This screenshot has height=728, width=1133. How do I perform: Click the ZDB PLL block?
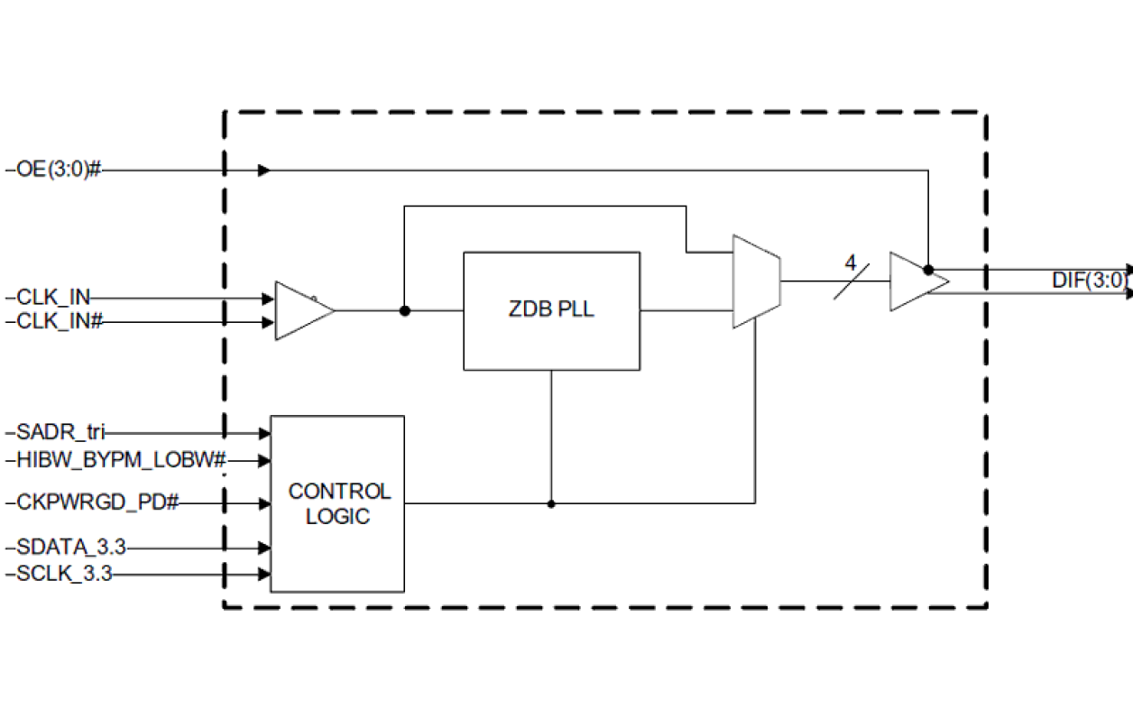551,310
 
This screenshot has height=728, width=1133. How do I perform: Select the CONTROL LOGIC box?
337,503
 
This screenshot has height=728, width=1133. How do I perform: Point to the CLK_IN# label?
60,322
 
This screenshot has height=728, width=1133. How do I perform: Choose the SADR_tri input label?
60,434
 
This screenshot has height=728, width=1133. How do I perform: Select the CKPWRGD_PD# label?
97,503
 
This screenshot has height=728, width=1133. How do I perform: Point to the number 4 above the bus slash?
850,263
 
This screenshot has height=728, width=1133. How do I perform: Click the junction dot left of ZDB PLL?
405,310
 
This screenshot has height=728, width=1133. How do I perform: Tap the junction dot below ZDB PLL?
551,503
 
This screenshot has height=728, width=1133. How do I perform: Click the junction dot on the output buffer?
928,270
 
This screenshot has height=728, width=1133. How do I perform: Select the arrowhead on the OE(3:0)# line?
264,170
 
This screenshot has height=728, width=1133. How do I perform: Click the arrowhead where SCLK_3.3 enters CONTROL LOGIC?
264,574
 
